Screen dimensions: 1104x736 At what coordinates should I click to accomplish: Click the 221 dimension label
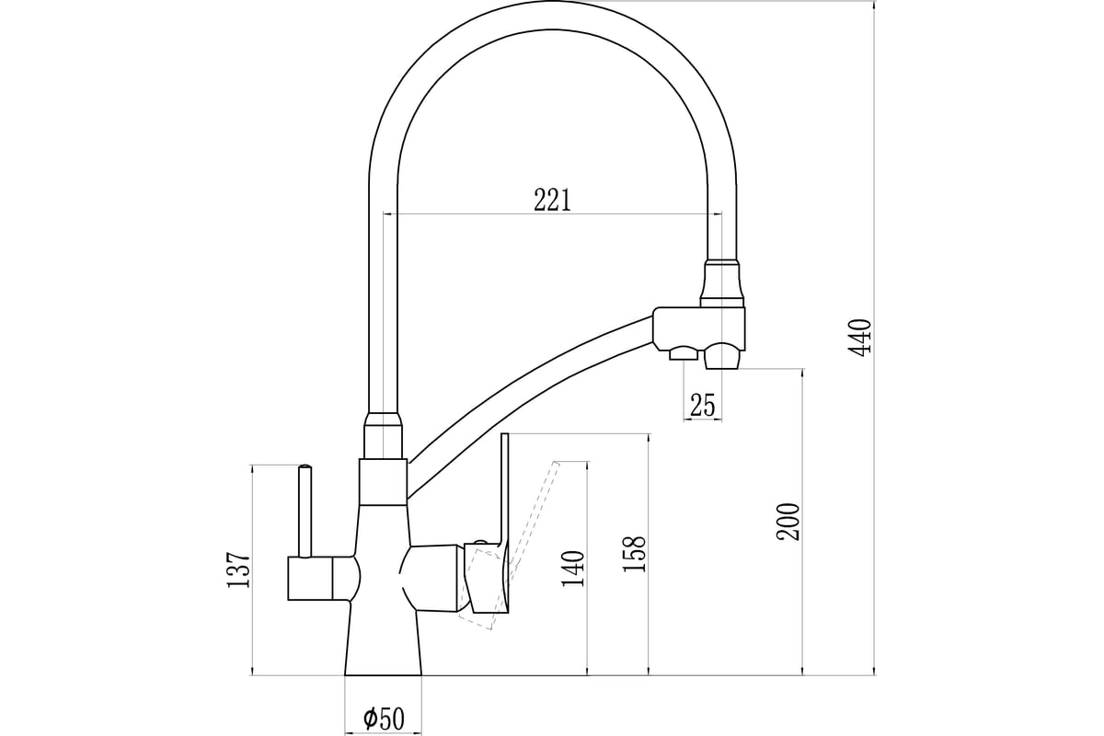pos(553,200)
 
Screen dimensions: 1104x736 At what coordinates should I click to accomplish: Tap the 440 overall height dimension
pos(860,338)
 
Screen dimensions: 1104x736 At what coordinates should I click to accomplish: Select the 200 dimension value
pos(788,522)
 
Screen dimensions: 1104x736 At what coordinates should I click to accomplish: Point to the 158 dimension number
pos(634,554)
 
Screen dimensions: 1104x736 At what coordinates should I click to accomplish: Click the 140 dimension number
pos(572,569)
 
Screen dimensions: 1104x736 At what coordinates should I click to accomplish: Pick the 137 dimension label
pos(238,569)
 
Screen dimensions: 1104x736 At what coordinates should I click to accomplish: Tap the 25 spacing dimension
pos(702,405)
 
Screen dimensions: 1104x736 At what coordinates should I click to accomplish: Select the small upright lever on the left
pos(305,512)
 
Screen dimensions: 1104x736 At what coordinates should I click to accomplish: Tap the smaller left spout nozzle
pos(683,353)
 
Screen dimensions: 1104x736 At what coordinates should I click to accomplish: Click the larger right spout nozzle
pos(722,355)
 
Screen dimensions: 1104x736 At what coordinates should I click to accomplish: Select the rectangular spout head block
pos(699,327)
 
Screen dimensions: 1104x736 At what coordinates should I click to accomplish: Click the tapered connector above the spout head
pos(722,284)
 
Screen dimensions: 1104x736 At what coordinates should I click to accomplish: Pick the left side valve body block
pos(323,579)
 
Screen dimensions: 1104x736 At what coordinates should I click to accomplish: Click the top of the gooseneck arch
pos(552,15)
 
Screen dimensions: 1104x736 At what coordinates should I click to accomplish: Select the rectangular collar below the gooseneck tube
pos(383,482)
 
